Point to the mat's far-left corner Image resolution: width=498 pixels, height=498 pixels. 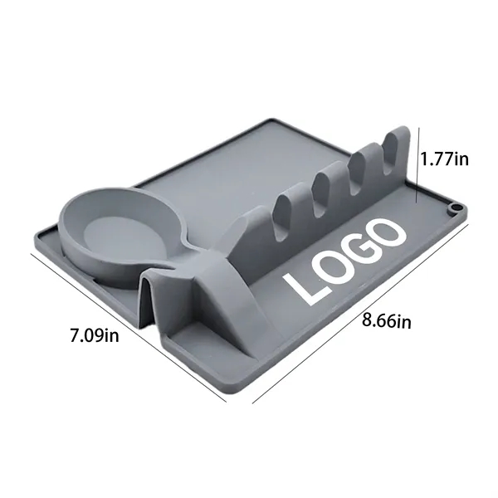point(35,232)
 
